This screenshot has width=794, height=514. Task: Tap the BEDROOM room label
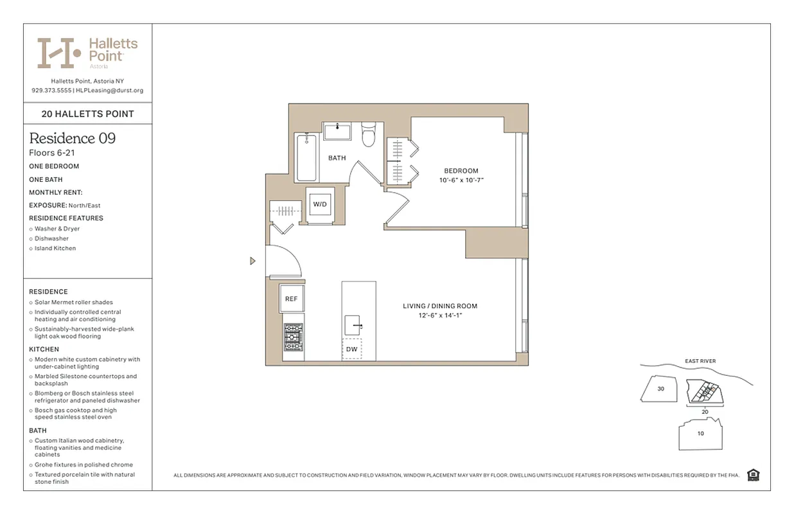pyautogui.click(x=461, y=171)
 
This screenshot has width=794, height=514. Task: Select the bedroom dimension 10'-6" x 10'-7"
pyautogui.click(x=461, y=181)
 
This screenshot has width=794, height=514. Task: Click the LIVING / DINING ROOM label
pyautogui.click(x=440, y=306)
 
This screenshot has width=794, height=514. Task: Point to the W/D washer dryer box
pyautogui.click(x=319, y=204)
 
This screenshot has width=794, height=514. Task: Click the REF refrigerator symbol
pyautogui.click(x=291, y=299)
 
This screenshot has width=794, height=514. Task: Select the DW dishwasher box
pyautogui.click(x=351, y=349)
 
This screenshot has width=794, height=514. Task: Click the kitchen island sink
pyautogui.click(x=351, y=324)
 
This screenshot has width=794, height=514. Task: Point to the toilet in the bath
pyautogui.click(x=369, y=135)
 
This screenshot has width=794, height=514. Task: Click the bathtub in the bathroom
pyautogui.click(x=306, y=157)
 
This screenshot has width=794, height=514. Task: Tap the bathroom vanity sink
pyautogui.click(x=337, y=131)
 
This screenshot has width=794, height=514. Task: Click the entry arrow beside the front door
pyautogui.click(x=252, y=261)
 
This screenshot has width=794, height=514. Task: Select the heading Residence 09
pyautogui.click(x=73, y=138)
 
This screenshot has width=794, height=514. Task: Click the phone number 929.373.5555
pyautogui.click(x=51, y=91)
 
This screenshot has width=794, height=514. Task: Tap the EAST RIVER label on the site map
pyautogui.click(x=700, y=361)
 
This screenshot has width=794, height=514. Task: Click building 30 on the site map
pyautogui.click(x=660, y=389)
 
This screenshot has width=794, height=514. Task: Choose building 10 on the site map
pyautogui.click(x=700, y=434)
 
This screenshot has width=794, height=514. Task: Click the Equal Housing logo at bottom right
pyautogui.click(x=754, y=475)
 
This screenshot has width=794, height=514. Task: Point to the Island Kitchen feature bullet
pyautogui.click(x=55, y=248)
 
